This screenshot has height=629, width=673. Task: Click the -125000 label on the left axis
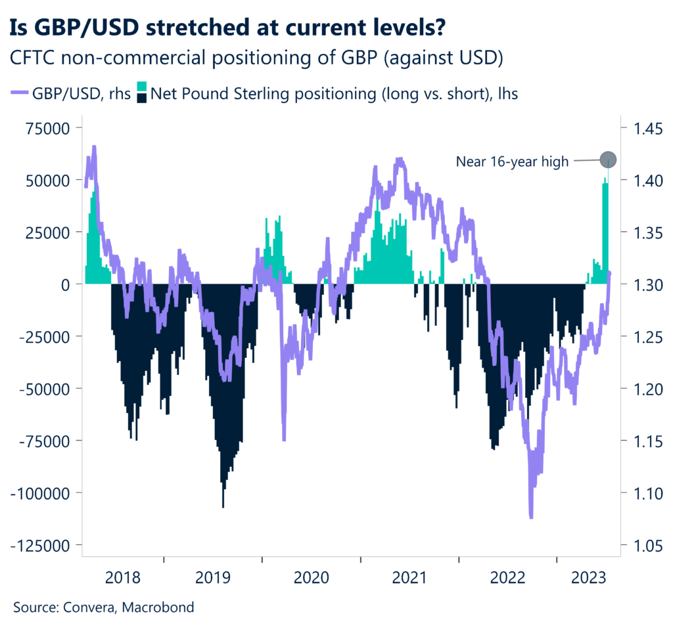(x=44, y=545)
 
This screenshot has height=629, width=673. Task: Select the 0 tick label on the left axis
(x=66, y=284)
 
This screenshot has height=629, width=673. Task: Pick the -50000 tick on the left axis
(x=47, y=389)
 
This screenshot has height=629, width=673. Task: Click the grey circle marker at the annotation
(x=608, y=159)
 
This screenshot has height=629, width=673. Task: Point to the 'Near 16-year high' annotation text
(x=512, y=162)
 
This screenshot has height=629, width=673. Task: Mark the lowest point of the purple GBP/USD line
(x=531, y=517)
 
